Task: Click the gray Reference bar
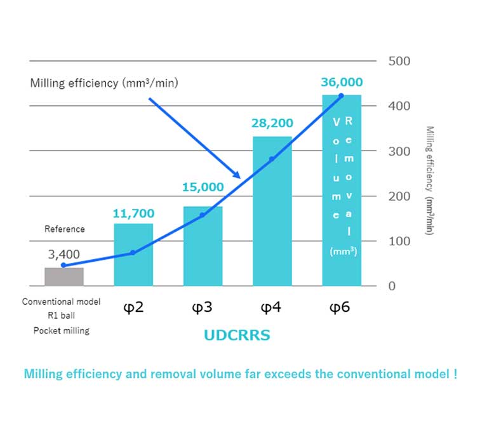(x=64, y=277)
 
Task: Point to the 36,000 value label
(x=342, y=83)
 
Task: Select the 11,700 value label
(x=133, y=213)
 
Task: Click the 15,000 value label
(x=203, y=187)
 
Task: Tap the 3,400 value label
(x=64, y=255)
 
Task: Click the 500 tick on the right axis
(x=399, y=62)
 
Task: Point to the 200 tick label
(x=399, y=196)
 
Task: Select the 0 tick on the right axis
(x=392, y=286)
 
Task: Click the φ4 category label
(x=272, y=308)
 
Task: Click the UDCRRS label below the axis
(x=236, y=335)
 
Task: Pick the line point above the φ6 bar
(x=342, y=96)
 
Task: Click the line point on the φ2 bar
(x=133, y=253)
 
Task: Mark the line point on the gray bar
(x=63, y=265)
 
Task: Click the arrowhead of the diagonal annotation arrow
(x=237, y=177)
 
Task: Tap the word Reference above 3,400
(x=64, y=229)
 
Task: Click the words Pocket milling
(x=62, y=331)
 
